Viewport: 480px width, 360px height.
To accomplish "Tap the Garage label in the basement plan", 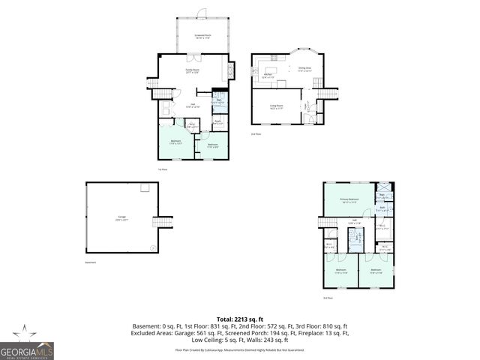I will (x=121, y=218).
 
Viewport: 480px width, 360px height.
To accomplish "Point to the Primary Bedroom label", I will (x=349, y=199).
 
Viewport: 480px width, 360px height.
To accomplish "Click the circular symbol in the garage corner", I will (x=153, y=247).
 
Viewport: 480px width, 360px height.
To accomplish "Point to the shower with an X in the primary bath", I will (x=383, y=187).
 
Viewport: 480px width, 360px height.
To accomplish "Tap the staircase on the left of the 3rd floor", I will (x=325, y=223).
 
